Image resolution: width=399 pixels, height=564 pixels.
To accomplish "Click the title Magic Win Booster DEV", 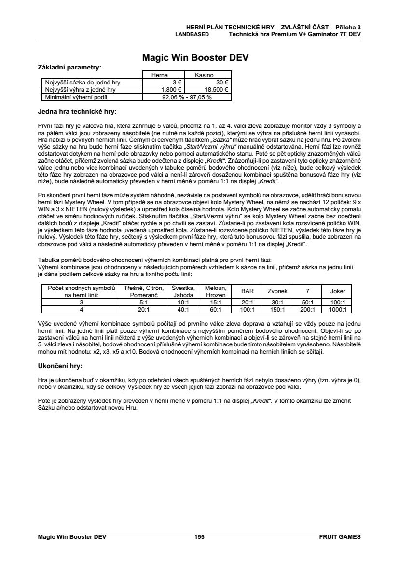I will point(195,58).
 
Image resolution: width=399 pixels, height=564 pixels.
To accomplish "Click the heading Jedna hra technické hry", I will point(77,112).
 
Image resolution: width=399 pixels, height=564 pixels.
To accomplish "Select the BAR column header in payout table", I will point(248,291).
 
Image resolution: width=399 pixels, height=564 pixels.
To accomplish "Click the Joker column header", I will point(337,291).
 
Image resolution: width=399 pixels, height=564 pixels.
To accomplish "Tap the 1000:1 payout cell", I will point(337,310).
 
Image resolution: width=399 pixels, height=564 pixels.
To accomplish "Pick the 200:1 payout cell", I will point(307,310).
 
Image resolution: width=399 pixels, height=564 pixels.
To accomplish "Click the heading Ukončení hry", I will point(60,366).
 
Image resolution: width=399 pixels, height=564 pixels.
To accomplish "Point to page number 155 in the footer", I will point(199,536).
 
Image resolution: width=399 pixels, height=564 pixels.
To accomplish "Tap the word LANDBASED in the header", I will point(192,35).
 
